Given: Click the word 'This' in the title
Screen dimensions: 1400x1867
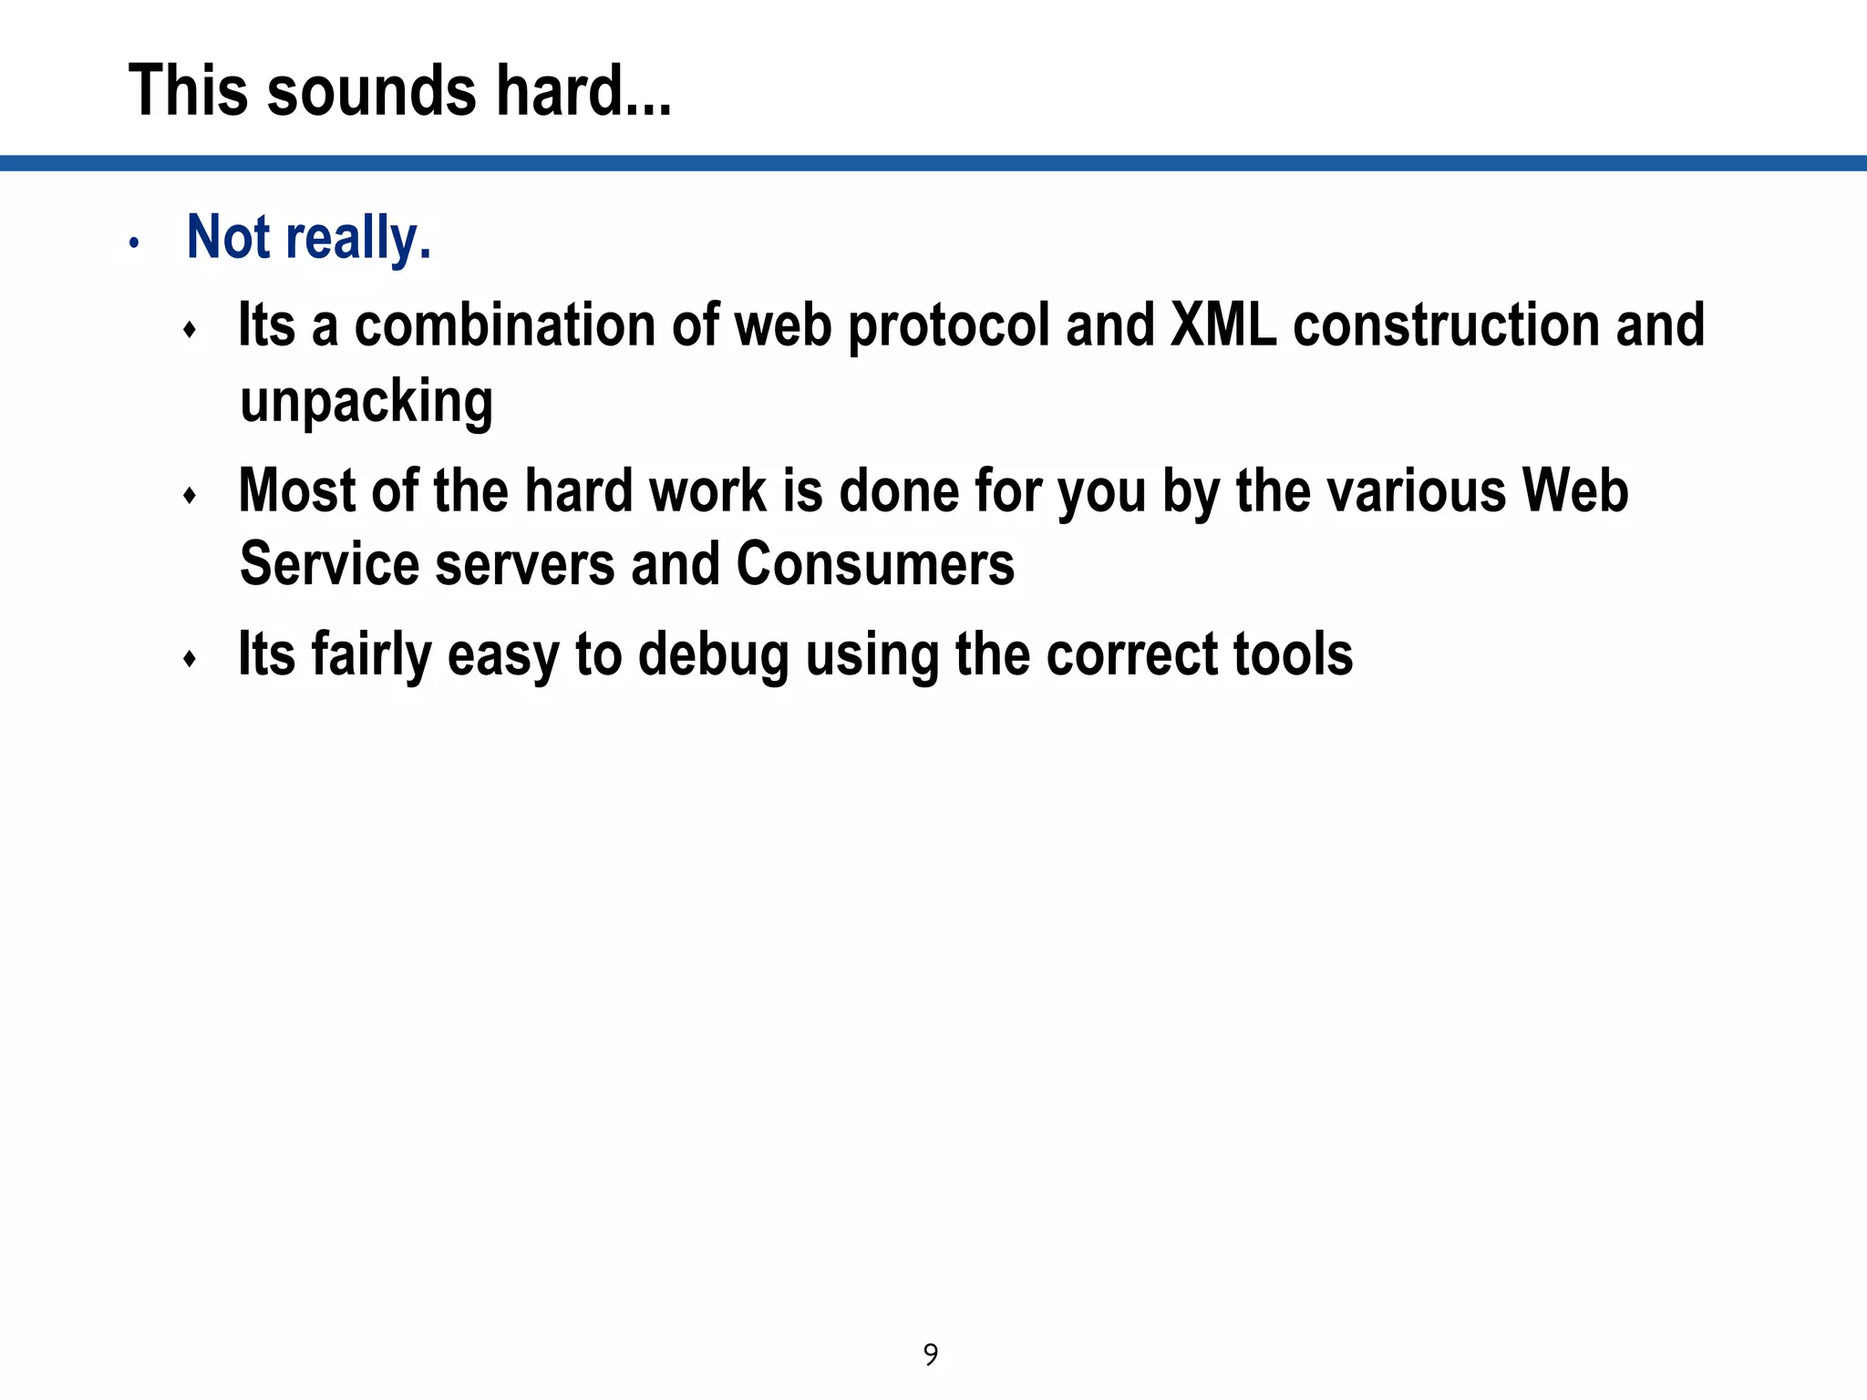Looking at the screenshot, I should (187, 91).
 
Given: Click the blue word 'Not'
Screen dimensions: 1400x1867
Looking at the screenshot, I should (228, 237).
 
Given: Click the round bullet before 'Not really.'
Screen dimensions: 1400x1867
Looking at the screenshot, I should (134, 243).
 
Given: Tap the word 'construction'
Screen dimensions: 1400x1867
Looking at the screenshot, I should (1446, 325).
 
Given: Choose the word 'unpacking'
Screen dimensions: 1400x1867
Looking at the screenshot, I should (366, 402).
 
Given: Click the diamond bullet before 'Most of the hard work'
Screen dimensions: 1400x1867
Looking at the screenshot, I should (190, 496).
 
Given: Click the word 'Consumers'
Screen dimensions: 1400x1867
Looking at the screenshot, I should (875, 564).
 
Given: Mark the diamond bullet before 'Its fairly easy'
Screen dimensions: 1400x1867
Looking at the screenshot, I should (190, 659).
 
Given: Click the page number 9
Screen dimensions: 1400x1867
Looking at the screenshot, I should (931, 1354).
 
